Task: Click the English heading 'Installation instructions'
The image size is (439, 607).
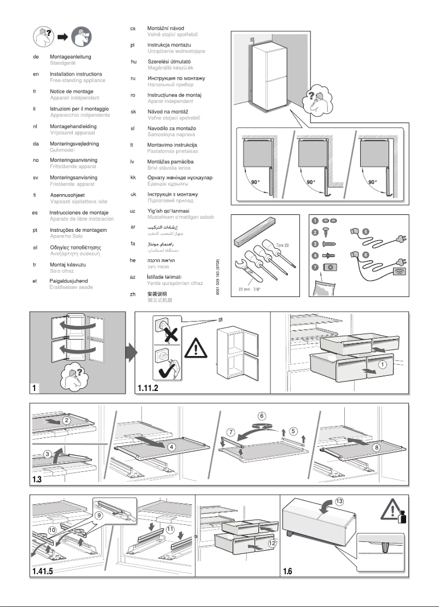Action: tap(76, 74)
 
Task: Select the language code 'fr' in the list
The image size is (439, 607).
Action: tap(36, 91)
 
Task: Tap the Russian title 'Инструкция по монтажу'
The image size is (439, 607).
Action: tap(172, 78)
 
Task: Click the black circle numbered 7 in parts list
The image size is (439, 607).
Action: tap(315, 266)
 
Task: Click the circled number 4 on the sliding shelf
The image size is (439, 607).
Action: tap(171, 446)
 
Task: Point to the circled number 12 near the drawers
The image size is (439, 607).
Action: tap(272, 543)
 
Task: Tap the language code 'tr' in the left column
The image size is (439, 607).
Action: tap(36, 264)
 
